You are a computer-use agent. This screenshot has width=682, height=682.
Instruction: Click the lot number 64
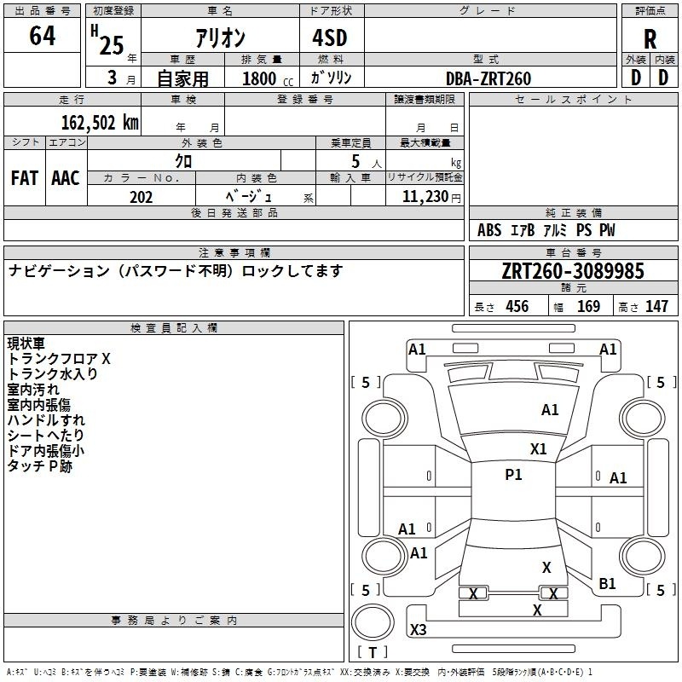(43, 37)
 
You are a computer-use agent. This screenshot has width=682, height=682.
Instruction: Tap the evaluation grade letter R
(650, 38)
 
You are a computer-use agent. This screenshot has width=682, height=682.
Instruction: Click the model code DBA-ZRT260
(488, 78)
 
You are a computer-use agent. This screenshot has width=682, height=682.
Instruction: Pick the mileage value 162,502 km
(99, 122)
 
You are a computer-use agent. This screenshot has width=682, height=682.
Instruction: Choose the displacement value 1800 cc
(267, 78)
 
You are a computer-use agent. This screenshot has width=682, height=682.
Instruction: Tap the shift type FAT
(24, 178)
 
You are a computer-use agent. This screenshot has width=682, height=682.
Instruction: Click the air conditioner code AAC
(65, 178)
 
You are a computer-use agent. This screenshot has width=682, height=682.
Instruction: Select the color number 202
(141, 197)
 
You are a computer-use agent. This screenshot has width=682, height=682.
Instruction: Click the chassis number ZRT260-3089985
(573, 271)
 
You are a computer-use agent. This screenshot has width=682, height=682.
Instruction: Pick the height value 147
(656, 307)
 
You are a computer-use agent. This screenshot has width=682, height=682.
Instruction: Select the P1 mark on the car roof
(513, 475)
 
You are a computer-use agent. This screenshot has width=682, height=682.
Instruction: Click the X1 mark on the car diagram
(538, 449)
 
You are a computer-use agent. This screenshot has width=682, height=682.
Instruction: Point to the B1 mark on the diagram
(607, 584)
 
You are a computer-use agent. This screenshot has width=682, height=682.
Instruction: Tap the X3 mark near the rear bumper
(419, 630)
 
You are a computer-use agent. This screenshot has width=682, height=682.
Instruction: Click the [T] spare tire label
(373, 653)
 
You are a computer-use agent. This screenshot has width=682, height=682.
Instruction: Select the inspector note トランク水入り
(52, 373)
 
